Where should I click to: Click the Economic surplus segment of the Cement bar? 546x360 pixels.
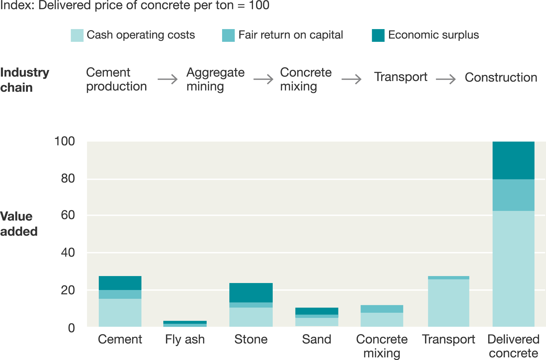120,283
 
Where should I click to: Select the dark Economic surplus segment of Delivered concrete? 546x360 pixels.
513,160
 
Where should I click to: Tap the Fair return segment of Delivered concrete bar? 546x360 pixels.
513,195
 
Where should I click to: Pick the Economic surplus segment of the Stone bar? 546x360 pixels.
251,292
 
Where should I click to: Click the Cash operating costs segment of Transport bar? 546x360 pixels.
448,303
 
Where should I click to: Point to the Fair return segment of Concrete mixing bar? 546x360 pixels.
382,309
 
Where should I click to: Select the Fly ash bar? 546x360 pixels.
185,324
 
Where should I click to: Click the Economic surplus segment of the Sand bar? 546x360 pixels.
317,311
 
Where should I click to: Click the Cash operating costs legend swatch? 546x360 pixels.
77,35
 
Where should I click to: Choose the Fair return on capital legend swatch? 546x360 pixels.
228,35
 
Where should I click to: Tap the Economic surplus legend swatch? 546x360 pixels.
378,35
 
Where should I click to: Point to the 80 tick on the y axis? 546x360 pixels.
68,178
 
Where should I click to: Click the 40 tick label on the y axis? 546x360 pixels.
68,253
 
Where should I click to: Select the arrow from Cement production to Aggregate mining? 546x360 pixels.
168,79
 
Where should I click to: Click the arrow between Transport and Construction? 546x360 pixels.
446,79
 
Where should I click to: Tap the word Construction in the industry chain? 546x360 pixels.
501,78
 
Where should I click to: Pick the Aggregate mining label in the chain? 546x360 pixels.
215,79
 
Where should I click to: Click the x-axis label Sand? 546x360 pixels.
317,339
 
